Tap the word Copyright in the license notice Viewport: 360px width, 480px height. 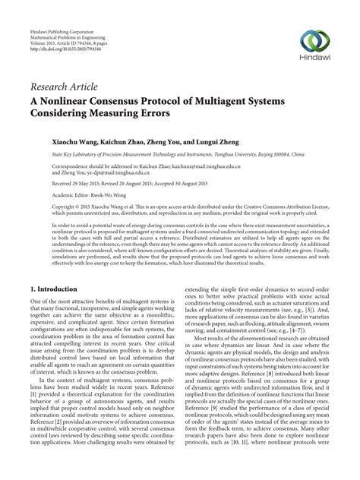(x=44, y=205)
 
